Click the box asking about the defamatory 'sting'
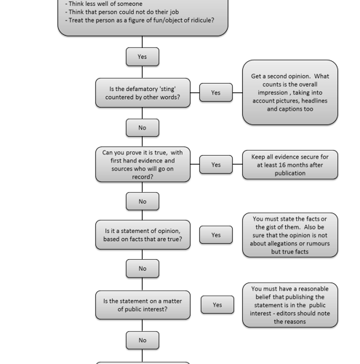tap(143, 92)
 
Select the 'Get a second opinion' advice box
tap(290, 92)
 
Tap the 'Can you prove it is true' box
tap(143, 165)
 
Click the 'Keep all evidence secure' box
tap(290, 165)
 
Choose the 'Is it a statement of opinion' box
tap(143, 234)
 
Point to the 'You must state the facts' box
tap(290, 235)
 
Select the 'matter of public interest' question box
tap(143, 305)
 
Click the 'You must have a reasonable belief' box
tap(290, 305)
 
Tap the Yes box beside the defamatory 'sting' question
tap(216, 92)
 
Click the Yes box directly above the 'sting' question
tap(143, 57)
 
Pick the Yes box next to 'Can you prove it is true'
tap(216, 165)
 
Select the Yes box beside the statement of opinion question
tap(216, 234)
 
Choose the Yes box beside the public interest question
tap(217, 305)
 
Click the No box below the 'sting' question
tap(143, 127)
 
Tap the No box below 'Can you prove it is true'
tap(143, 202)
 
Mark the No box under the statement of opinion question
tap(143, 269)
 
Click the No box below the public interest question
tap(143, 340)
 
